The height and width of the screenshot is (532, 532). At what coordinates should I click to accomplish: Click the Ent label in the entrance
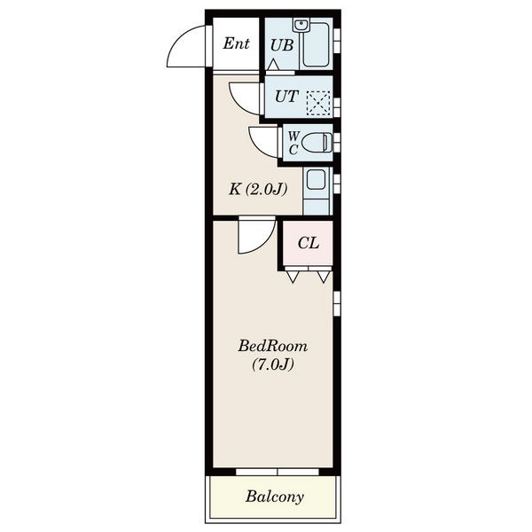(x=236, y=43)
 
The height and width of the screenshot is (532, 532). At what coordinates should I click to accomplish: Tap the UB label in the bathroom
(x=282, y=45)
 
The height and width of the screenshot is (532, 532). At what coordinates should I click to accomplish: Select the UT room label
(x=287, y=97)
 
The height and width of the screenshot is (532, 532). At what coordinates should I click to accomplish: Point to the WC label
(x=293, y=143)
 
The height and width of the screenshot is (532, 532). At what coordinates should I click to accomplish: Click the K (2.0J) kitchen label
(x=258, y=189)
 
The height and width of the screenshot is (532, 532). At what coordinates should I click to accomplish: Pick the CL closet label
(x=309, y=243)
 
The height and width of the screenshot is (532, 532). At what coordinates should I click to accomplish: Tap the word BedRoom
(x=273, y=346)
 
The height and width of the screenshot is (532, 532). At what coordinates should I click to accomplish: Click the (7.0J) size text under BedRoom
(x=273, y=364)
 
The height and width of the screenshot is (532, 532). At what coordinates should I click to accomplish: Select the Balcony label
(x=275, y=497)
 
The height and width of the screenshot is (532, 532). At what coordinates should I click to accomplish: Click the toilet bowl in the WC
(x=317, y=143)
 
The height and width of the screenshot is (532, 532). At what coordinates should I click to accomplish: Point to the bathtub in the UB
(x=316, y=44)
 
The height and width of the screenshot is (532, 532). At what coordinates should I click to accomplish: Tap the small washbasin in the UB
(x=301, y=26)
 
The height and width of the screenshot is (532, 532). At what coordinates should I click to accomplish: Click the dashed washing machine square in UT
(x=318, y=103)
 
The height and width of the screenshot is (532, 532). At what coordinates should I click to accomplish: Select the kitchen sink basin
(x=316, y=179)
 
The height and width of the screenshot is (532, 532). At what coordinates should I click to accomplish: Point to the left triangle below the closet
(x=293, y=277)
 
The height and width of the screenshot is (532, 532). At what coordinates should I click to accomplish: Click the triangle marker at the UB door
(x=273, y=65)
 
